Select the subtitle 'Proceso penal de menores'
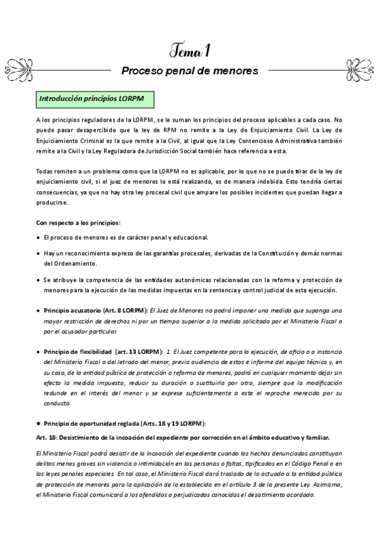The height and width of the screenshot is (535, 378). [x=189, y=71]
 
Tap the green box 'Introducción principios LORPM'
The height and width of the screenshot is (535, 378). [x=95, y=100]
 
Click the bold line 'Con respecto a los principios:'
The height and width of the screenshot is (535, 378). [x=78, y=223]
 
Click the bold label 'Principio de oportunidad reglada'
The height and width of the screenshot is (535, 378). [x=95, y=423]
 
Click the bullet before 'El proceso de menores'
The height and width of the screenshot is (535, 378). [x=38, y=238]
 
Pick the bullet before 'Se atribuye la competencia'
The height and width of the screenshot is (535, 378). [x=38, y=279]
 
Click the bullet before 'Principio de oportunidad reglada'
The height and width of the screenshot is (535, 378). [x=38, y=423]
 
